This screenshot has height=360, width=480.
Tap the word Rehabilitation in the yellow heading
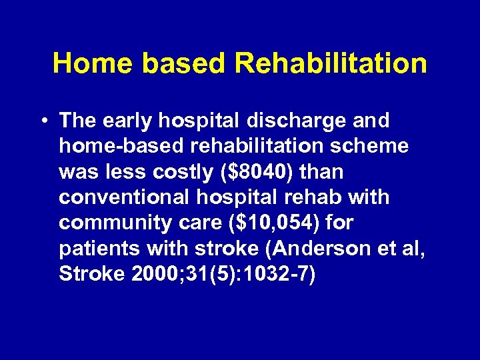click(x=331, y=63)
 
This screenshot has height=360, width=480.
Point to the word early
click(x=129, y=121)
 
